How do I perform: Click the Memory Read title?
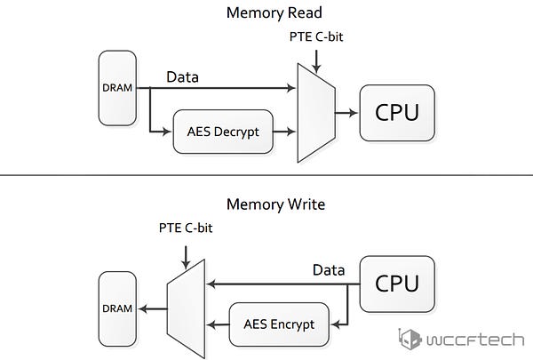point(274,13)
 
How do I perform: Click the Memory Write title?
point(275,204)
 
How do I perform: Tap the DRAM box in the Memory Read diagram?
point(117,88)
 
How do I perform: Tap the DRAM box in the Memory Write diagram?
point(117,308)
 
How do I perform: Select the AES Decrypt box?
point(223,132)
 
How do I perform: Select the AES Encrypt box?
point(279,324)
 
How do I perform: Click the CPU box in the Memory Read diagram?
point(397,113)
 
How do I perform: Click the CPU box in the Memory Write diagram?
point(397,284)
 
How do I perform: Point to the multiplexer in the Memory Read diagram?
point(316,113)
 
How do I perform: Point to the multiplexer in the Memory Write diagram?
point(186,309)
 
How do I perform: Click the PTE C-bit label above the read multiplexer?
point(316,36)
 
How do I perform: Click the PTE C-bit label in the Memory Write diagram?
point(186,228)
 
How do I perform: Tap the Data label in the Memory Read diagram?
point(182,77)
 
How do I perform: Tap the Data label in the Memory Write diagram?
point(329,270)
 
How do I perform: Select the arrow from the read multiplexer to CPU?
point(346,113)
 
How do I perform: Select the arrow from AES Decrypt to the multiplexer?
point(284,132)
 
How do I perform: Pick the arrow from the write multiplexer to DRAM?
point(153,309)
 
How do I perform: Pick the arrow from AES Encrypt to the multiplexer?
point(218,324)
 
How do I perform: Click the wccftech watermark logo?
point(461,340)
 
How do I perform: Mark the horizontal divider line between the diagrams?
point(266,175)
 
